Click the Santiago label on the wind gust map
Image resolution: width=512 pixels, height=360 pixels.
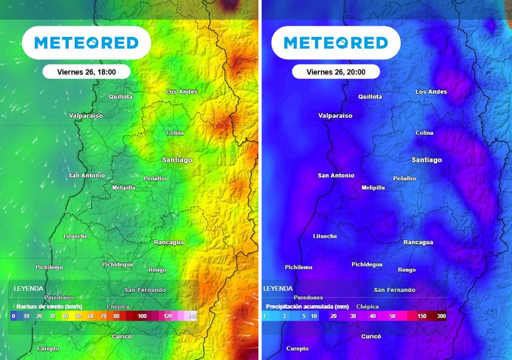click(x=177, y=159)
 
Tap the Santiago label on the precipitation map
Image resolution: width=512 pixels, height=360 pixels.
click(x=426, y=159)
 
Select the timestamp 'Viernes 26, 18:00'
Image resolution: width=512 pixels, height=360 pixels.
click(x=86, y=72)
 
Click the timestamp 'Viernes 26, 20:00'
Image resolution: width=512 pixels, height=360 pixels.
click(x=336, y=72)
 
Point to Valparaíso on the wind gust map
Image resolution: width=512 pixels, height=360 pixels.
click(x=85, y=115)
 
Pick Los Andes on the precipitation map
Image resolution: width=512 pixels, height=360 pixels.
click(x=431, y=91)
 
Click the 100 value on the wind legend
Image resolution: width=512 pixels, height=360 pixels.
click(x=142, y=316)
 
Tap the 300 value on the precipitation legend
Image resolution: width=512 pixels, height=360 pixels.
click(x=441, y=316)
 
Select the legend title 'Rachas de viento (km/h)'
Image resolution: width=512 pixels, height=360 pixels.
click(x=49, y=306)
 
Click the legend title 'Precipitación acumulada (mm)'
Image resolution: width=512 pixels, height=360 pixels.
click(x=307, y=306)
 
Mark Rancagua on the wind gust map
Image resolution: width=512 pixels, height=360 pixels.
click(x=168, y=242)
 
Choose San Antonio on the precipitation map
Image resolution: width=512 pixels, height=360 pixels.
click(x=336, y=175)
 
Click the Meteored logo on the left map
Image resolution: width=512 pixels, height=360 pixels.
click(x=86, y=43)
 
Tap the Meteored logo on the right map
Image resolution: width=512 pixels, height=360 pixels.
click(x=336, y=43)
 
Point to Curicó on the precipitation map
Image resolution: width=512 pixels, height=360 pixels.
click(x=371, y=336)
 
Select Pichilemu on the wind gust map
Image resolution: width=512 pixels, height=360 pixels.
click(x=49, y=267)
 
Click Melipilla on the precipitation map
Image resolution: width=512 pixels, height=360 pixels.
click(x=373, y=187)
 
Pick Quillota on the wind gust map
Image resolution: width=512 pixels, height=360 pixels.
click(x=120, y=96)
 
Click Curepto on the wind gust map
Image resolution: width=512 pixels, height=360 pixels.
click(x=48, y=348)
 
